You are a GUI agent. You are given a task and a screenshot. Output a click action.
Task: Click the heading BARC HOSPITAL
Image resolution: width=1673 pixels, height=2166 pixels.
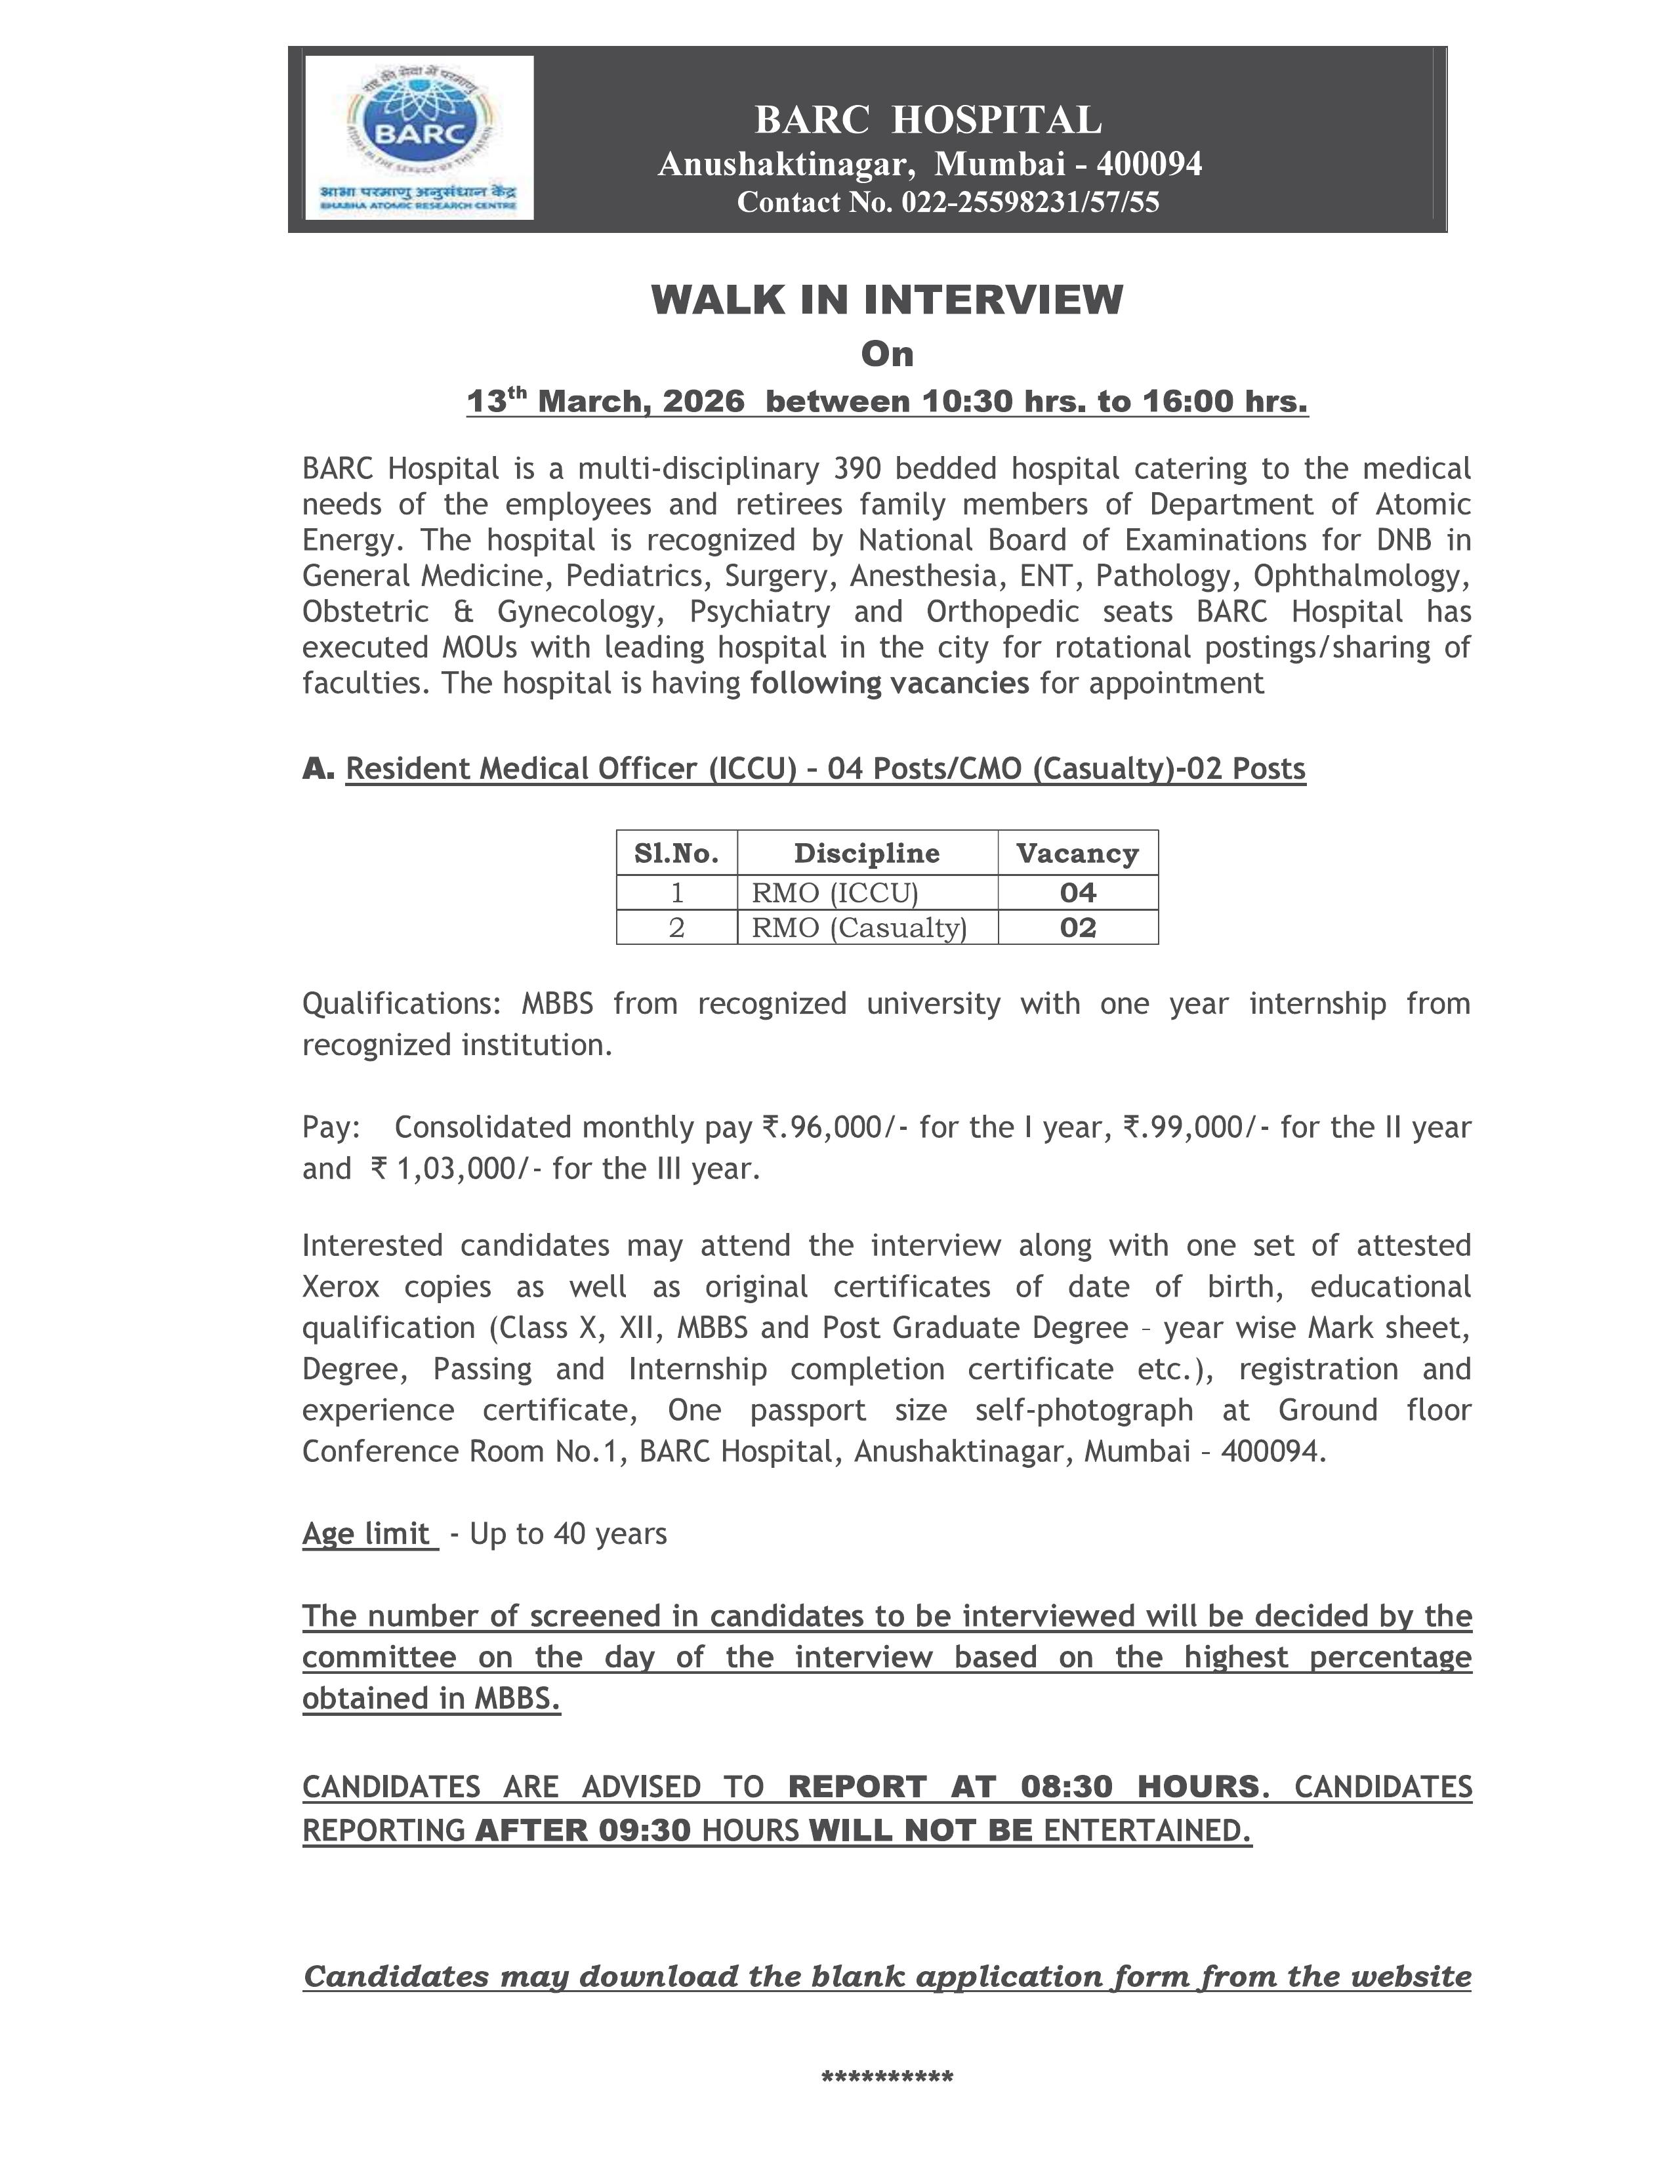[x=928, y=120]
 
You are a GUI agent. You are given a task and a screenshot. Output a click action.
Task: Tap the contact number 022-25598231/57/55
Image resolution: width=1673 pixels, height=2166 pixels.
[x=1029, y=202]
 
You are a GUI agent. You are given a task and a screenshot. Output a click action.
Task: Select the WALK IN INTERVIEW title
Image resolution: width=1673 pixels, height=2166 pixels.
[x=886, y=299]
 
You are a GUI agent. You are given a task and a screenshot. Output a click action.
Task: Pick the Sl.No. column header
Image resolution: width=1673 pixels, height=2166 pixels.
[x=676, y=853]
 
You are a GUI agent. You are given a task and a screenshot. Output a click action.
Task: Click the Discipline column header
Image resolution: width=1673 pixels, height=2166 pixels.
[x=867, y=853]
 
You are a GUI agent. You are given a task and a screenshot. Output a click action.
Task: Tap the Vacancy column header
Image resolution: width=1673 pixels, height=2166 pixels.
[x=1077, y=853]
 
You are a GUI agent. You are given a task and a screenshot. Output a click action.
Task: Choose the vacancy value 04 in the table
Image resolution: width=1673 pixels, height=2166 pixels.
[x=1077, y=892]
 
